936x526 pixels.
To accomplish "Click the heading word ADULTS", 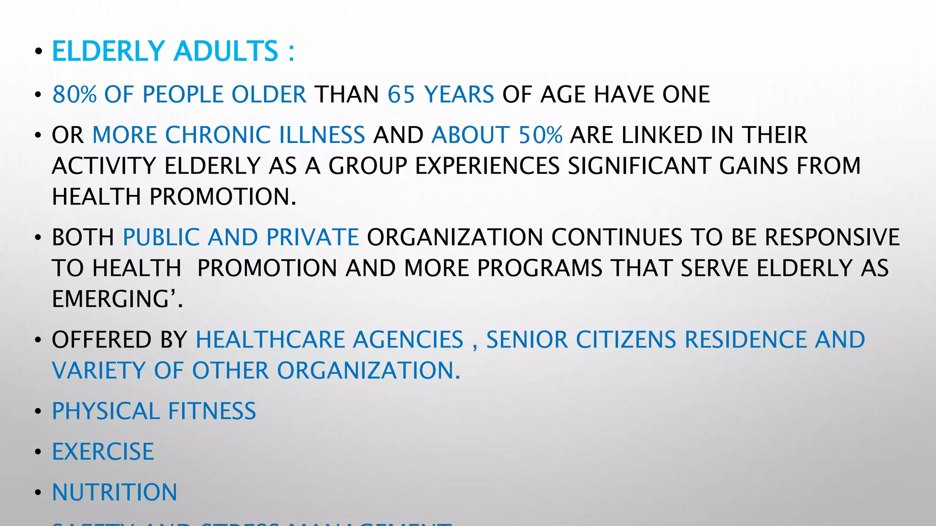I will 226,51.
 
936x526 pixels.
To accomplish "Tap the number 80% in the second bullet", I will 74,95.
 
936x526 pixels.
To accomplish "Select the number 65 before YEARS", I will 401,95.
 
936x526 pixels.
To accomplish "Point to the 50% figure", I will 541,135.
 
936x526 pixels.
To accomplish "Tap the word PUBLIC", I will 161,237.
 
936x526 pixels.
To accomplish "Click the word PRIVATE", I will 313,237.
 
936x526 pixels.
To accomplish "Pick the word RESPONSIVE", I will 832,237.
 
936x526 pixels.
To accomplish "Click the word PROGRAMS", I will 540,268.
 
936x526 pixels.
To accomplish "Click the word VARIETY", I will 99,370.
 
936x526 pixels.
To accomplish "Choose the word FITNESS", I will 212,411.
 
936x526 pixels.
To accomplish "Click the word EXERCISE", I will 103,452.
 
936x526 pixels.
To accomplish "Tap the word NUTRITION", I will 114,492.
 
